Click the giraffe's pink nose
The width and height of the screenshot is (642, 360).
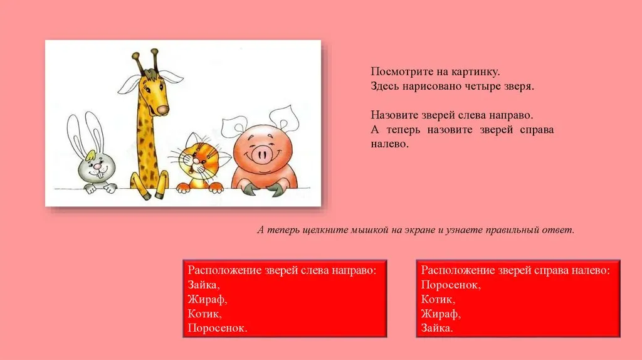pos(163,110)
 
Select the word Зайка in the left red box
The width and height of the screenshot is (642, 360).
pos(204,285)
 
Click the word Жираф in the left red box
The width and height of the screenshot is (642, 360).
pos(207,299)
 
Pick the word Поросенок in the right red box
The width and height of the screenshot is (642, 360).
pos(451,285)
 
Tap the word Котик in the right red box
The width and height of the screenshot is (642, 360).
pos(438,299)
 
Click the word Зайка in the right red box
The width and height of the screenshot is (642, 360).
pos(437,328)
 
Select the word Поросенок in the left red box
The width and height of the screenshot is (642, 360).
pos(218,328)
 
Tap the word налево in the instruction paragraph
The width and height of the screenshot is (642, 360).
pos(389,144)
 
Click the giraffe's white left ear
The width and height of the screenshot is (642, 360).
pos(130,85)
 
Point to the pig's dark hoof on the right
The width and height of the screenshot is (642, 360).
pos(276,190)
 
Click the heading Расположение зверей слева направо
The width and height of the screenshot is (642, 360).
pos(282,270)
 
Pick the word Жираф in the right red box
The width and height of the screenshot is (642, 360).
pos(441,314)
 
